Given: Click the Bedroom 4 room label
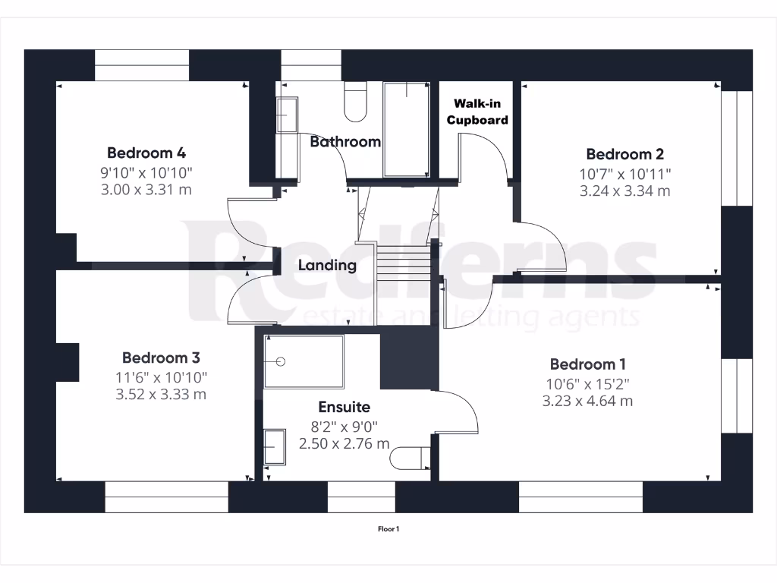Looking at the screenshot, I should (x=146, y=152).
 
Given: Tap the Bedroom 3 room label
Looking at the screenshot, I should (x=161, y=358).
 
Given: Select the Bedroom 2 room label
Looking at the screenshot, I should (x=619, y=155).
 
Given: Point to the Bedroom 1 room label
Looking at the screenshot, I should (x=587, y=364).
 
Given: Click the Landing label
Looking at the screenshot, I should (x=327, y=266).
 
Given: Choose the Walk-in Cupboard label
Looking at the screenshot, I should (x=477, y=112).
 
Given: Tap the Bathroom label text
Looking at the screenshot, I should (x=345, y=142).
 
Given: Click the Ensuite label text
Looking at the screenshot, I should (x=344, y=408).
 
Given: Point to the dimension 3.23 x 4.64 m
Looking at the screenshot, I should (x=587, y=401).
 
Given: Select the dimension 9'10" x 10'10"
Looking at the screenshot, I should (x=146, y=172).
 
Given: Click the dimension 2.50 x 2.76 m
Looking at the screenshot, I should (x=344, y=443).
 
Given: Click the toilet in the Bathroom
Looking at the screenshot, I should (x=355, y=102).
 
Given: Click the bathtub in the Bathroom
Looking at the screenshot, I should (x=406, y=129).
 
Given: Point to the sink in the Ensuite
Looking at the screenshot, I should (x=274, y=446).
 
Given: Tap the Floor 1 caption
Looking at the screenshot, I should (x=388, y=529).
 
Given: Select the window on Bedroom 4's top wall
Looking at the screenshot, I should (x=141, y=66).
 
